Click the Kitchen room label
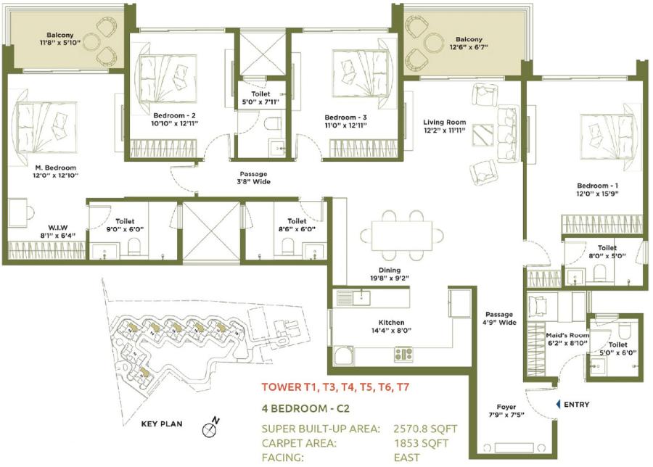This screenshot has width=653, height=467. pos(391,323)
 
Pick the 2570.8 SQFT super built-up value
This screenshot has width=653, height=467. pos(420,429)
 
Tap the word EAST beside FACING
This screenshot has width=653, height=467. pos(408,458)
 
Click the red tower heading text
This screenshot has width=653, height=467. pos(336,387)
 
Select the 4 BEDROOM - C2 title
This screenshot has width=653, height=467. pos(305,408)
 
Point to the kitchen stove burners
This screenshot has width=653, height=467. pos(403,354)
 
